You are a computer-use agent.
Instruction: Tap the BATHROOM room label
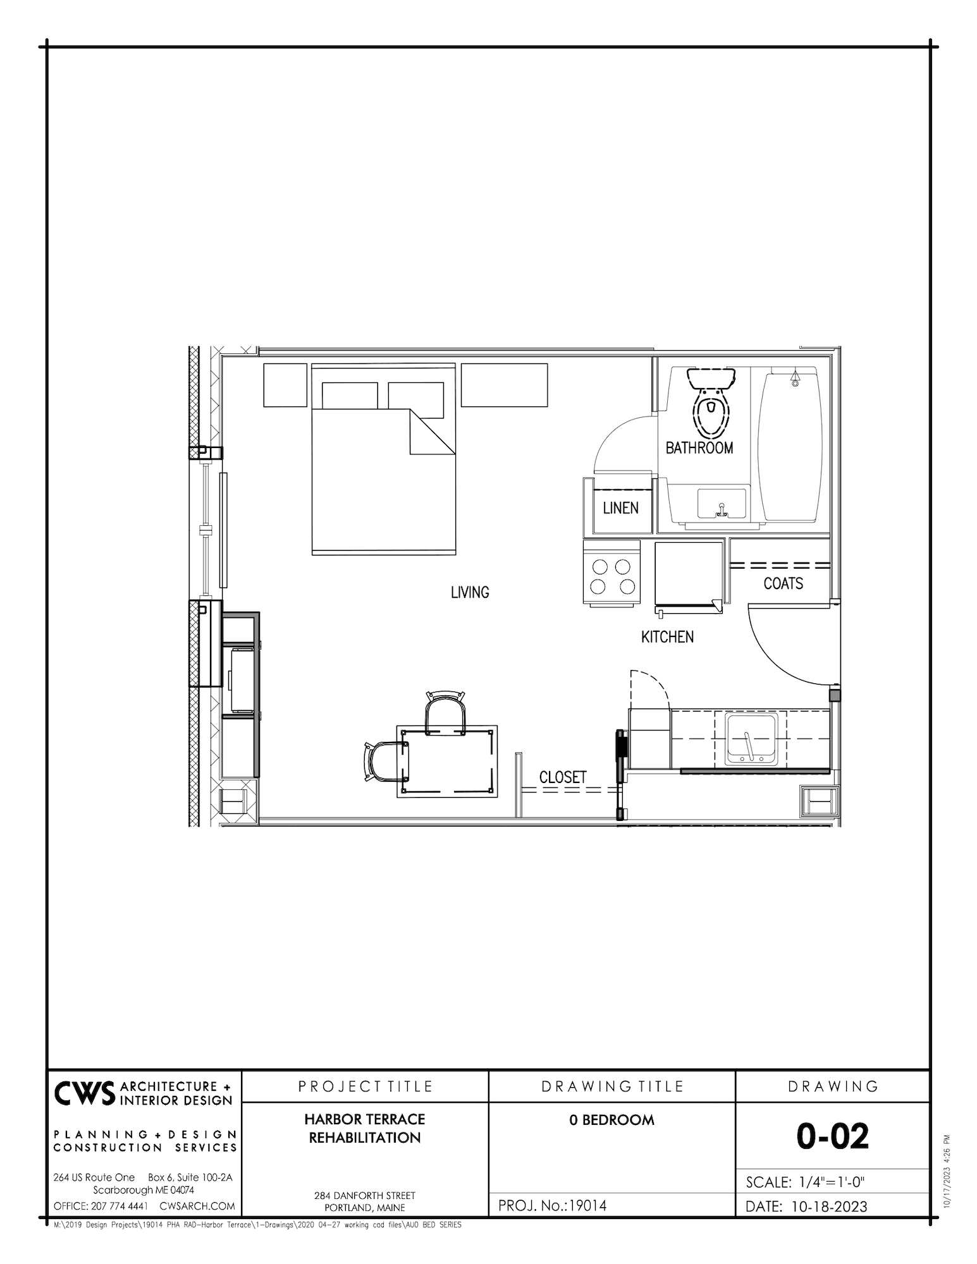coord(699,448)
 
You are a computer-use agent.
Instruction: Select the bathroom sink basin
coord(722,503)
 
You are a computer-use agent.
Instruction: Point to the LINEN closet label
coord(620,508)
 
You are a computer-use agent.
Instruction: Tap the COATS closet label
coord(783,583)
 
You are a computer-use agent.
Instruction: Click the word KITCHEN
coord(667,637)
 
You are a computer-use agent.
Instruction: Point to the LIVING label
coord(470,593)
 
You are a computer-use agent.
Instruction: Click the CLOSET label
coord(563,777)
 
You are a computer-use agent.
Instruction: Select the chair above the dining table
coord(446,713)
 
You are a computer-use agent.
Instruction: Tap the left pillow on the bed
coord(350,396)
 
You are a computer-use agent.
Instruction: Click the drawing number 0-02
coord(832,1136)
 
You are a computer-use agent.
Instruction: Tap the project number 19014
coord(587,1206)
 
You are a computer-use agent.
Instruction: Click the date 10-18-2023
coord(828,1206)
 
